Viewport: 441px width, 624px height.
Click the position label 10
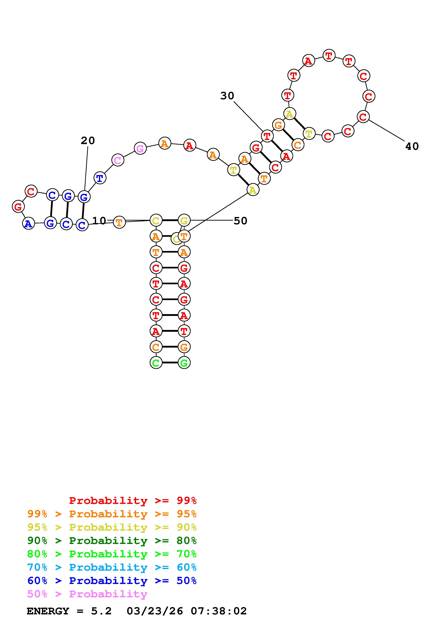click(x=99, y=221)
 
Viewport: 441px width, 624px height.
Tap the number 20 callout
click(x=88, y=141)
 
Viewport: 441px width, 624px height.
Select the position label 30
click(x=227, y=96)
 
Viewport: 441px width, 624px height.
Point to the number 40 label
click(x=412, y=147)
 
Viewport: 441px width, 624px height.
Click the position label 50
click(x=241, y=221)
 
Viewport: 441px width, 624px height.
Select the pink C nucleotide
click(x=118, y=160)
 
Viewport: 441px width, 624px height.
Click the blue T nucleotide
click(x=100, y=178)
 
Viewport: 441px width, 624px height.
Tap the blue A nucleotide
click(x=28, y=224)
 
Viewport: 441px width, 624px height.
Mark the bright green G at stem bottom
click(x=184, y=363)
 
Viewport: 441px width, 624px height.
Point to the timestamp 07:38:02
click(x=219, y=611)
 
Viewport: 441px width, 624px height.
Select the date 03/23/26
click(x=155, y=611)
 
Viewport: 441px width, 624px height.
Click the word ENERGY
click(x=48, y=611)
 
